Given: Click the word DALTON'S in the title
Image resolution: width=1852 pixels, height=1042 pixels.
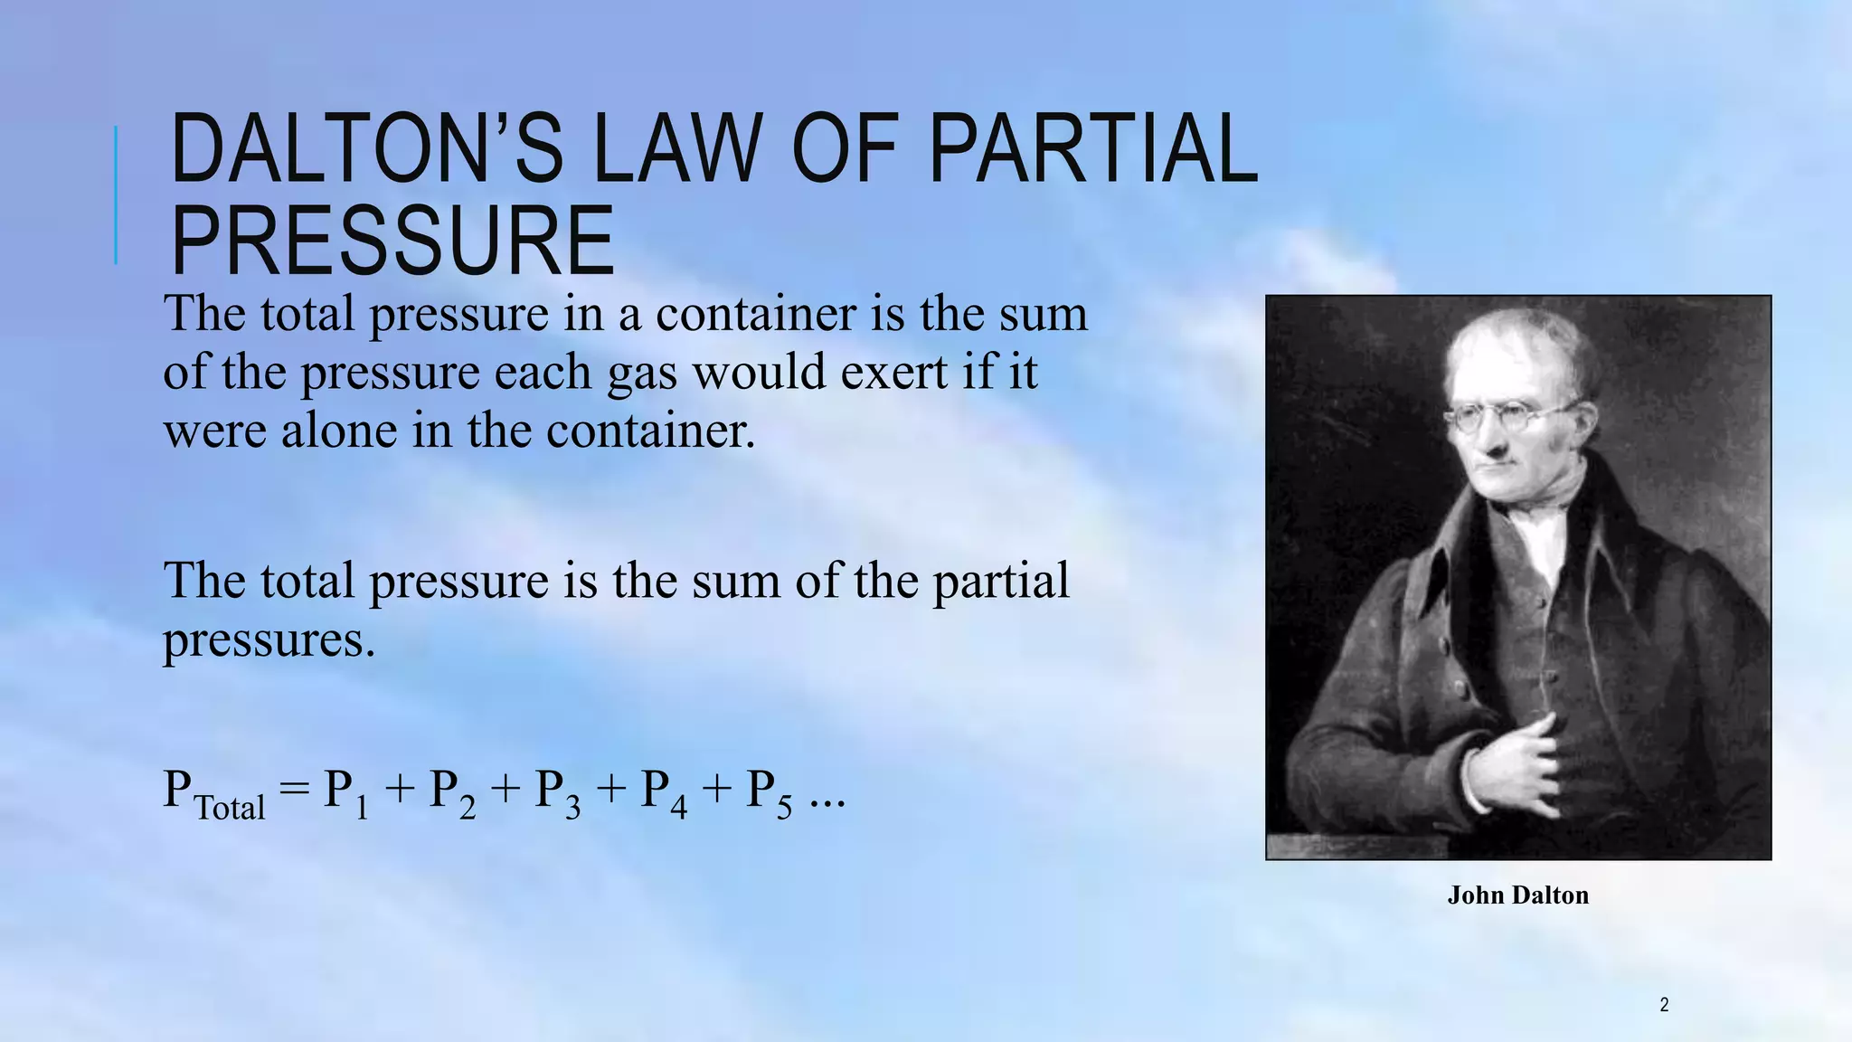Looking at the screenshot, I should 366,148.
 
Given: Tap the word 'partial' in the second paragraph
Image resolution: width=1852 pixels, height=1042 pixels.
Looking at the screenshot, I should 1000,580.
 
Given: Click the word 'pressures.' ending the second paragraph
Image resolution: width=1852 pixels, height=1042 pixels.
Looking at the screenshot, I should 269,639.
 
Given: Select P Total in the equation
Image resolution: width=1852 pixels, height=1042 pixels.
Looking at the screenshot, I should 214,792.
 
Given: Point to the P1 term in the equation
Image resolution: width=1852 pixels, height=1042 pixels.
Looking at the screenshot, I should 346,792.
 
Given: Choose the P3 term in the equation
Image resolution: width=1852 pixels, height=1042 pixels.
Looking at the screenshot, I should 557,792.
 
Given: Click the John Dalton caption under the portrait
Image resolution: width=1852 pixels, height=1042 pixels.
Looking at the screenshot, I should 1517,895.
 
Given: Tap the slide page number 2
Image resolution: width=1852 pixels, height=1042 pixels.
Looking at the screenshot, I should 1664,1004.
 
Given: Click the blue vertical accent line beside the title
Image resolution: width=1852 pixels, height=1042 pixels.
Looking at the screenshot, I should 116,194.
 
